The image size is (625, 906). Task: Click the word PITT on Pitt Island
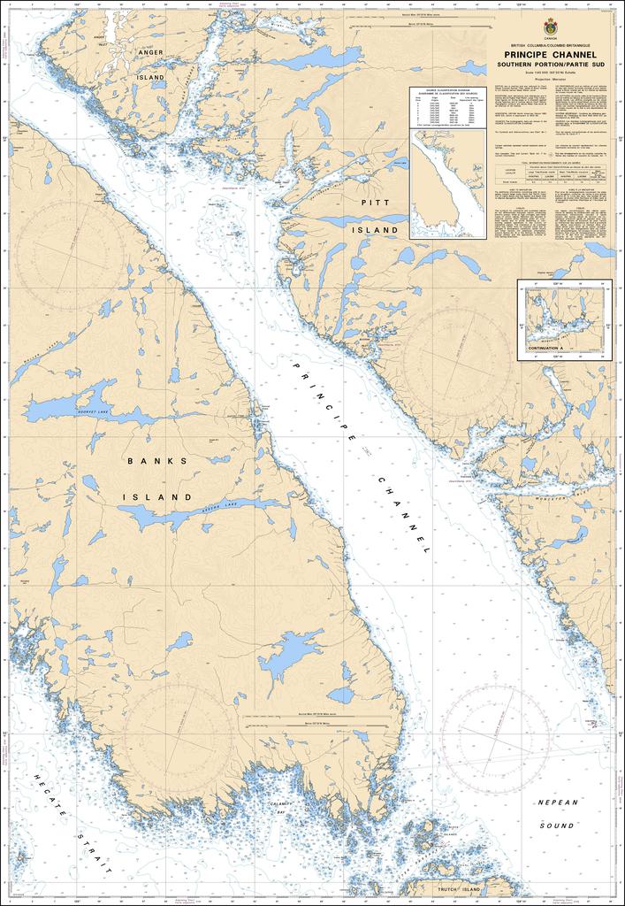pyautogui.click(x=369, y=203)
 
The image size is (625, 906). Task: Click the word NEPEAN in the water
pyautogui.click(x=558, y=802)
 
